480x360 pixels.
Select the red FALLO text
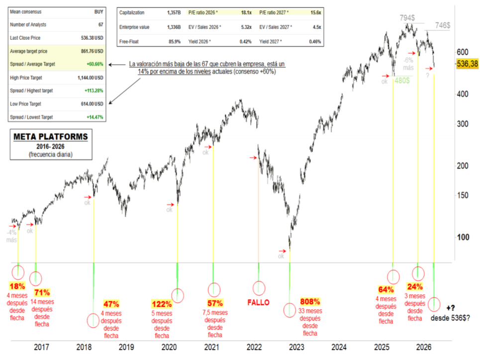pyautogui.click(x=259, y=302)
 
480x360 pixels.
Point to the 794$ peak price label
pyautogui.click(x=408, y=18)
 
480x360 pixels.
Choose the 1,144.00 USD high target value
pyautogui.click(x=90, y=78)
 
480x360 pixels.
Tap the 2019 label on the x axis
pyautogui.click(x=126, y=347)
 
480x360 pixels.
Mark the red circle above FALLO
pyautogui.click(x=259, y=287)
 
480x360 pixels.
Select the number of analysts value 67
pyautogui.click(x=100, y=24)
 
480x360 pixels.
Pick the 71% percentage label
pyautogui.click(x=42, y=292)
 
